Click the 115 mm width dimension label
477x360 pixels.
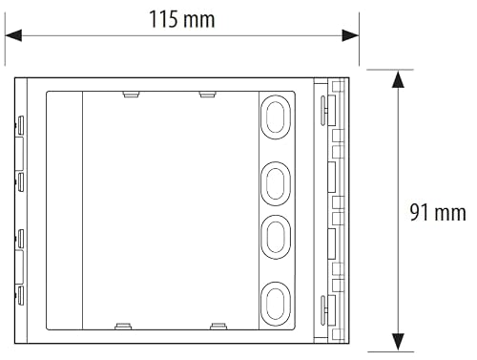[x=182, y=19]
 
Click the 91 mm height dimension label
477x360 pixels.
[x=438, y=213]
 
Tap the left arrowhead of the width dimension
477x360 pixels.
[x=13, y=35]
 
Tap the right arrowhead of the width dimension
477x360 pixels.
[x=350, y=35]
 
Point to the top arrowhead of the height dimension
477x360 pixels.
[x=398, y=79]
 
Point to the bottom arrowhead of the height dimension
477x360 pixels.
[x=398, y=342]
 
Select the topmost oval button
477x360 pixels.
[x=276, y=117]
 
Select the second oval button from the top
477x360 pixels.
[x=276, y=183]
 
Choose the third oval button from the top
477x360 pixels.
[x=276, y=237]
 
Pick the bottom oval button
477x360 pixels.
[x=276, y=304]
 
